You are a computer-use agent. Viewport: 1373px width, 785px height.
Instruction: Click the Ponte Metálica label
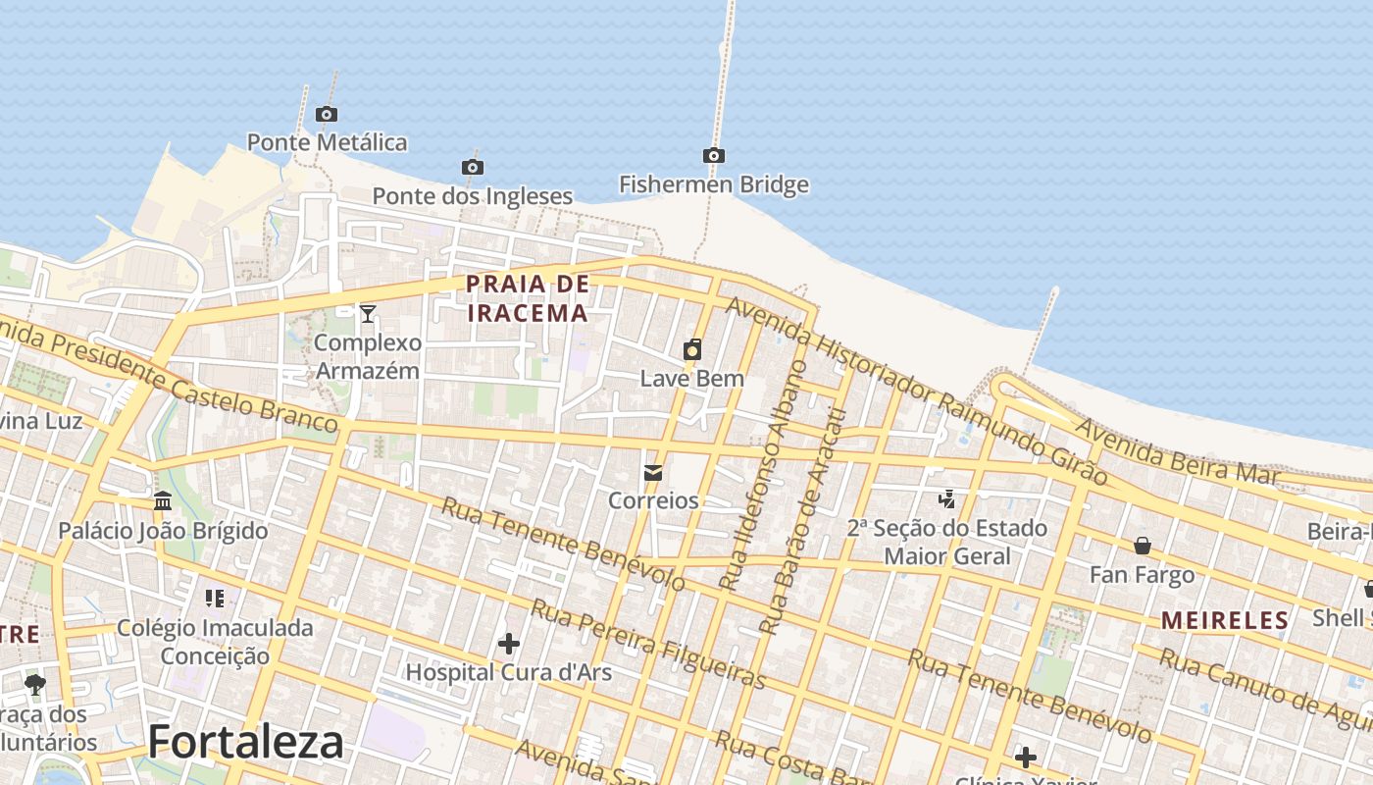coord(327,142)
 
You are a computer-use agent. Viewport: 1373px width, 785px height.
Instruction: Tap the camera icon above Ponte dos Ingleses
coord(472,167)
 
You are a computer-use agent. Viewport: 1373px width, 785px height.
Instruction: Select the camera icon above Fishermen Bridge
coord(714,155)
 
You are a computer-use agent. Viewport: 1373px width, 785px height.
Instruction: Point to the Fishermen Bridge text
coord(714,184)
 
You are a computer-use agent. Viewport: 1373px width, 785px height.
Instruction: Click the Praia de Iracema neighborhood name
coord(528,298)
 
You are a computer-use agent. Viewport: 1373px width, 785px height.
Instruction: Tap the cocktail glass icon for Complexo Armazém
coord(368,314)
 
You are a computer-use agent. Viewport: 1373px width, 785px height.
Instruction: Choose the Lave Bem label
coord(692,379)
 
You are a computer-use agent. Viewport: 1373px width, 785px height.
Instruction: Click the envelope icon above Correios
coord(653,473)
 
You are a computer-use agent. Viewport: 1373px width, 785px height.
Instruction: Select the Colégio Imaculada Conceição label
coord(215,642)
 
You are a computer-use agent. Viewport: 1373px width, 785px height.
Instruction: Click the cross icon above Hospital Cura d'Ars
coord(509,644)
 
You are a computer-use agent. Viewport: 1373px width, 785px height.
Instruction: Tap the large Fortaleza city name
coord(246,742)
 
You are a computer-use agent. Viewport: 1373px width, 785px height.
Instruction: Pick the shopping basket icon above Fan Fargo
coord(1143,546)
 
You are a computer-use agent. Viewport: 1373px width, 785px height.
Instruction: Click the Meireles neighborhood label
coord(1225,620)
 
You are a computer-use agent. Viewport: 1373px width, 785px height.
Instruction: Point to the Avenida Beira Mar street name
coord(1177,451)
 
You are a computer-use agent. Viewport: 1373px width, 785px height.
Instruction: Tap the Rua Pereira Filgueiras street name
coord(647,644)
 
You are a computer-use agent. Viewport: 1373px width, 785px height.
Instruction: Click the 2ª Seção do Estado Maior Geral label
coord(947,543)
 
